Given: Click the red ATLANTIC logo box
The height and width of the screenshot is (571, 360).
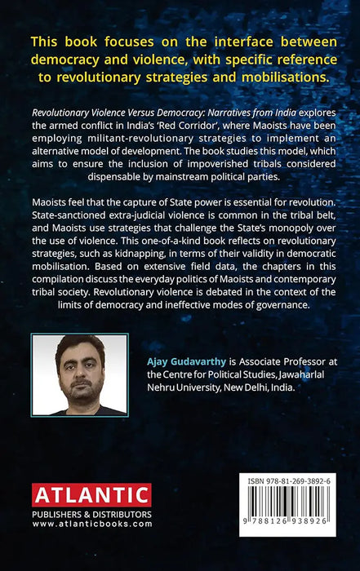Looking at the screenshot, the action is [91, 495].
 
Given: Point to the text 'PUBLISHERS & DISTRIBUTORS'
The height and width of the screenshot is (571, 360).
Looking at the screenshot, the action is [91, 514].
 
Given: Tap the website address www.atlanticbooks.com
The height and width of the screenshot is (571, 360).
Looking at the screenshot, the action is [91, 524].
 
